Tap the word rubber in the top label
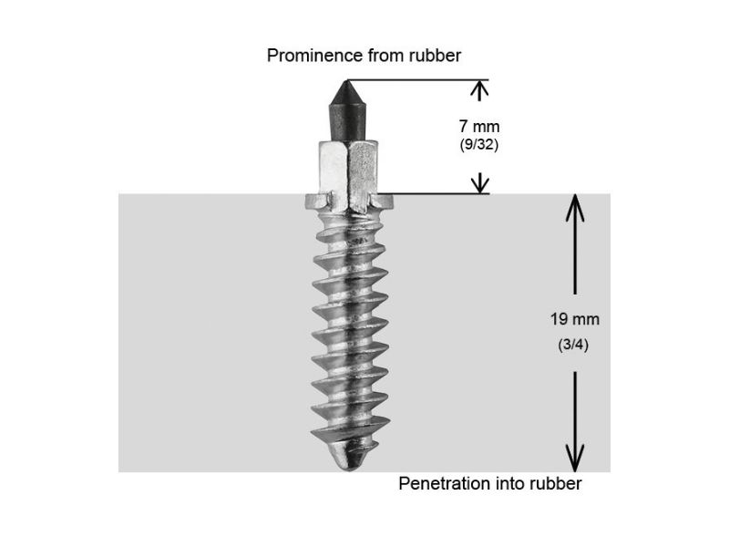point(435,56)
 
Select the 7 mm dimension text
point(479,126)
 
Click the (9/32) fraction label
point(479,145)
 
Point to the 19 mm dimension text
point(575,319)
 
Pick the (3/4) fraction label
point(573,345)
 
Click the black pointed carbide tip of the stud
point(346,110)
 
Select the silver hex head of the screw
point(348,176)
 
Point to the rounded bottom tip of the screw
point(350,459)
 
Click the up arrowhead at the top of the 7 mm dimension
point(479,89)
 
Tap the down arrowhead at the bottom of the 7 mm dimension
point(480,183)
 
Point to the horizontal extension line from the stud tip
point(417,80)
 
